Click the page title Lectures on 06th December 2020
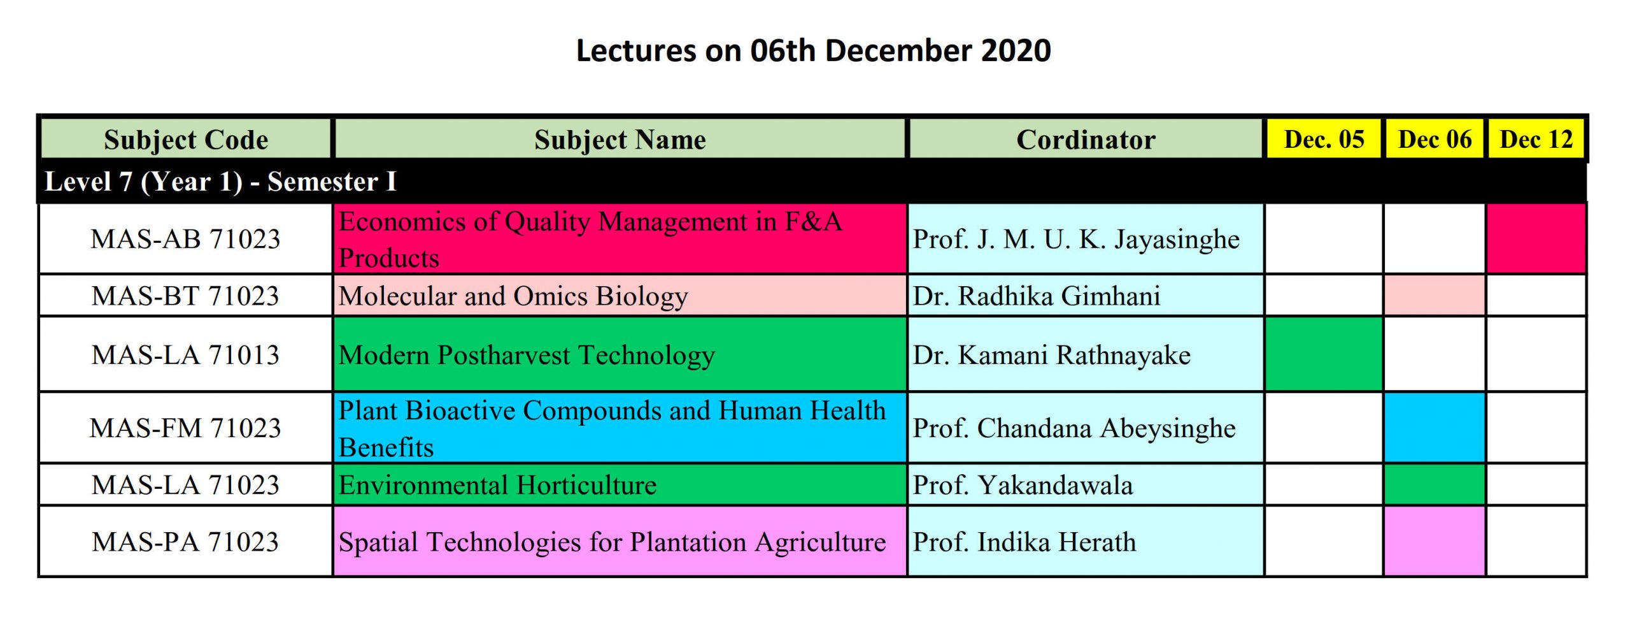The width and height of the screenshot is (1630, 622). [x=813, y=50]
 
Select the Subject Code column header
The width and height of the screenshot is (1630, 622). [x=186, y=139]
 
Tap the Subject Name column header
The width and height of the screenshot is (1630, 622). [x=620, y=139]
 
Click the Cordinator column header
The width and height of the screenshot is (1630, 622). [x=1086, y=139]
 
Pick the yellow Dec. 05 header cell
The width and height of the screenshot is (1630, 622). [x=1324, y=139]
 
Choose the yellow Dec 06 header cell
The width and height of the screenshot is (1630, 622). [x=1435, y=139]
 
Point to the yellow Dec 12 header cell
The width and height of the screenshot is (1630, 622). [x=1536, y=139]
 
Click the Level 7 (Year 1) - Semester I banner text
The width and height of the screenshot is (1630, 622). [x=220, y=182]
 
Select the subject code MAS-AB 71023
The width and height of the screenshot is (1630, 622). [x=185, y=239]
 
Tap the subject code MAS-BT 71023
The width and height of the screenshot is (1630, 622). [x=185, y=296]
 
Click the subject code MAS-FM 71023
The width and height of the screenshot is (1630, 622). [x=185, y=428]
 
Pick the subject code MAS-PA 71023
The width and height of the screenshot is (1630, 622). [x=185, y=542]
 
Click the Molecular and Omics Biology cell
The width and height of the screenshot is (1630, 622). [x=620, y=296]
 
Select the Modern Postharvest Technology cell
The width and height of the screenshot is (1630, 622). [x=620, y=354]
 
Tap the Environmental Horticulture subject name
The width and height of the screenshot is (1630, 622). [x=497, y=485]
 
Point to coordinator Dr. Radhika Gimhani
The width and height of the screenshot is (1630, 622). [x=1037, y=296]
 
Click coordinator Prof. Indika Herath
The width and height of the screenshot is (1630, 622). [x=1024, y=542]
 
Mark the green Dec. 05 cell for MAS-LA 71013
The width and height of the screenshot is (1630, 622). [x=1324, y=354]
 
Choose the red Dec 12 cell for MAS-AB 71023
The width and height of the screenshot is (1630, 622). [x=1536, y=238]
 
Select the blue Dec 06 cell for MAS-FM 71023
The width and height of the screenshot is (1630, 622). [x=1435, y=428]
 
